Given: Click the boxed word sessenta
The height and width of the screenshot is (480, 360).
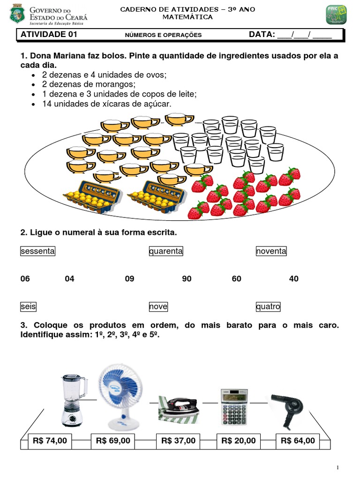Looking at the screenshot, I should pyautogui.click(x=37, y=251).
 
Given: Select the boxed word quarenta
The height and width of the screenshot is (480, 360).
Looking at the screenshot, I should pyautogui.click(x=166, y=251).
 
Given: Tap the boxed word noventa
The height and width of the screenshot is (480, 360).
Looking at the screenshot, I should pyautogui.click(x=271, y=251).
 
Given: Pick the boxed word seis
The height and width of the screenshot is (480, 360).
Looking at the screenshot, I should pyautogui.click(x=28, y=307).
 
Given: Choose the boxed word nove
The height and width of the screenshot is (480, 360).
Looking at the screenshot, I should pyautogui.click(x=158, y=307).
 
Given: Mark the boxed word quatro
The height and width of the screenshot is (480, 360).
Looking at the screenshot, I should pyautogui.click(x=268, y=307).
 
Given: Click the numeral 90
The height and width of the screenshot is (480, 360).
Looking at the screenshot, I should pyautogui.click(x=187, y=279).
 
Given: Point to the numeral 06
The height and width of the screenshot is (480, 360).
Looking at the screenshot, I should pyautogui.click(x=25, y=279).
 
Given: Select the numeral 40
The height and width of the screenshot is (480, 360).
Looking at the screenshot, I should pyautogui.click(x=293, y=279).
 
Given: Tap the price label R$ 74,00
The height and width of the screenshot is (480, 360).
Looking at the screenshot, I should pyautogui.click(x=50, y=441).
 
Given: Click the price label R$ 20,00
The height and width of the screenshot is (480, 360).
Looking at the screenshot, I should pyautogui.click(x=239, y=441).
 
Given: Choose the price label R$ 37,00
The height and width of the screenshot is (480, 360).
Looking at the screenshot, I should pyautogui.click(x=178, y=441).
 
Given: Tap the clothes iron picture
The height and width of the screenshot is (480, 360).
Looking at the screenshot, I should pyautogui.click(x=179, y=409).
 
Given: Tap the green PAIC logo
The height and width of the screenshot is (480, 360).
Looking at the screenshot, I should pyautogui.click(x=336, y=15).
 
